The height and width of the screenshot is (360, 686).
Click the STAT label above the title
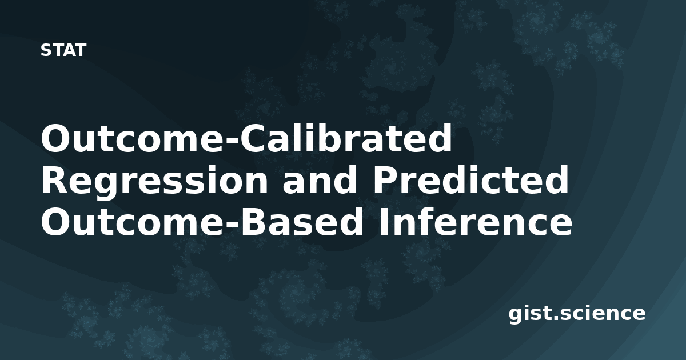click(x=63, y=50)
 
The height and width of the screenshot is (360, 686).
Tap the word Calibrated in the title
click(x=346, y=138)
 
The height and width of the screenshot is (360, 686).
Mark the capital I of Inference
click(x=384, y=222)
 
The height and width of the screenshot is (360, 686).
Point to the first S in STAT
click(x=46, y=50)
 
